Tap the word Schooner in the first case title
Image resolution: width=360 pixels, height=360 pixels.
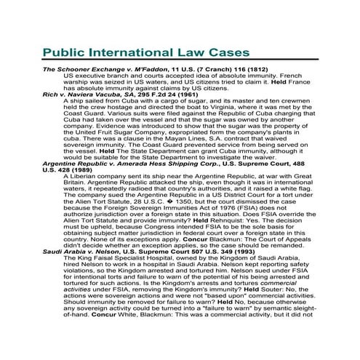pyautogui.click(x=79, y=68)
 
